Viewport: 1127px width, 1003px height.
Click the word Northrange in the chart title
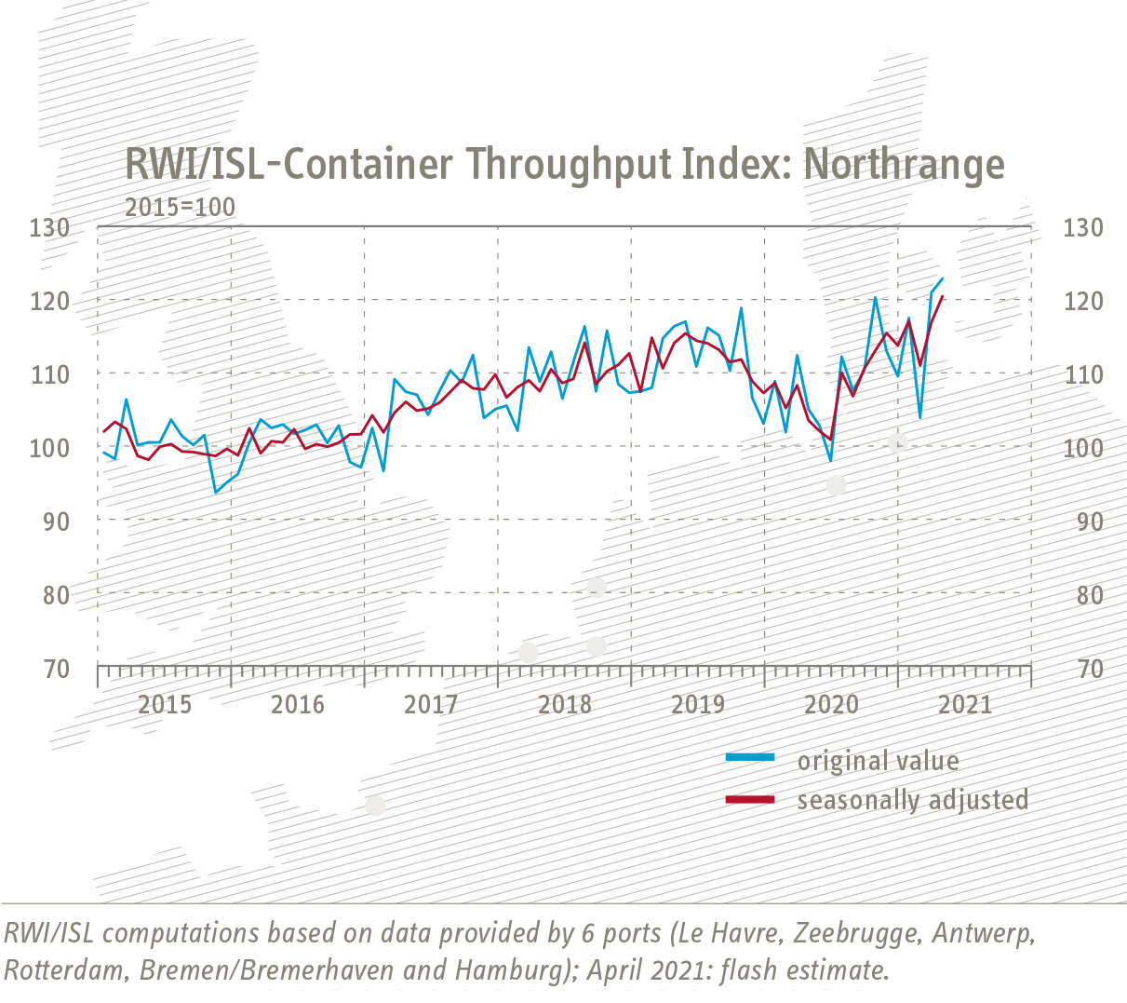[x=904, y=164]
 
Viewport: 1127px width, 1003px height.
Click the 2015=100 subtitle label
[x=180, y=207]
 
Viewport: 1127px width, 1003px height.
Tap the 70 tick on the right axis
[x=1083, y=669]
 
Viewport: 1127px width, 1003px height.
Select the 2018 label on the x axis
[x=565, y=704]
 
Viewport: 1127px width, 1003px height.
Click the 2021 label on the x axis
[x=965, y=704]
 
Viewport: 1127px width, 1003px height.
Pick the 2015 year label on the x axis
[x=165, y=704]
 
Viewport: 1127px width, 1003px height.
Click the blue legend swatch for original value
[x=750, y=758]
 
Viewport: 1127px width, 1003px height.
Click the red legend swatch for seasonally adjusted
[x=750, y=799]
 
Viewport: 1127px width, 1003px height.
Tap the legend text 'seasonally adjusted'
[x=912, y=800]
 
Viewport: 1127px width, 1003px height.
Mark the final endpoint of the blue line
[x=943, y=278]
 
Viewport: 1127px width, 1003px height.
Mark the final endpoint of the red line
[x=943, y=296]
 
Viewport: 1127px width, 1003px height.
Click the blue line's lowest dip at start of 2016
[x=216, y=492]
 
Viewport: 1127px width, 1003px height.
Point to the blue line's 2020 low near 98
[x=830, y=460]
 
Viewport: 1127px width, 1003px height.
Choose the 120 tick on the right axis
[x=1083, y=301]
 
